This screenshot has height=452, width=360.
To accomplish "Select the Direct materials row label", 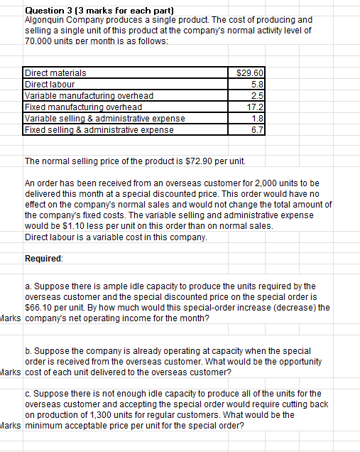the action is click(56, 73).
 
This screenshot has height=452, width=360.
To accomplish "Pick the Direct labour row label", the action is click(50, 83).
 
